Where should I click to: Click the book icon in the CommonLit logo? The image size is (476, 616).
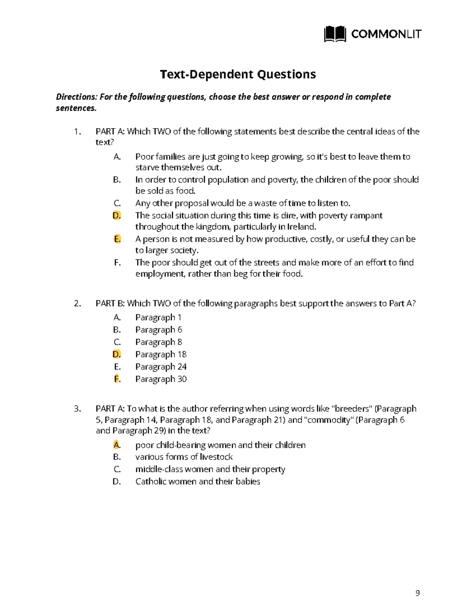pyautogui.click(x=335, y=35)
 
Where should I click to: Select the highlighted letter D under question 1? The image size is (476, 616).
pyautogui.click(x=116, y=215)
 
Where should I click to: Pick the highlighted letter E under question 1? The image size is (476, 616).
pyautogui.click(x=117, y=239)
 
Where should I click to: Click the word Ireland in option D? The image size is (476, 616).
pyautogui.click(x=301, y=227)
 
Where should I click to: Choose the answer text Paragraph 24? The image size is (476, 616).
pyautogui.click(x=161, y=367)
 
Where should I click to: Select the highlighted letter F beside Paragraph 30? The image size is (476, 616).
pyautogui.click(x=117, y=379)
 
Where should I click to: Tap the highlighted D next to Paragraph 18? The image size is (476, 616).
pyautogui.click(x=116, y=354)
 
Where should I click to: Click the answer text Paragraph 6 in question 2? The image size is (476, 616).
pyautogui.click(x=159, y=330)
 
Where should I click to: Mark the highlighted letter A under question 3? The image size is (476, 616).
pyautogui.click(x=116, y=445)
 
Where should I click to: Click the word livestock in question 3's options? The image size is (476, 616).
pyautogui.click(x=216, y=457)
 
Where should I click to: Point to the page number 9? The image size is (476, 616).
pyautogui.click(x=417, y=593)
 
